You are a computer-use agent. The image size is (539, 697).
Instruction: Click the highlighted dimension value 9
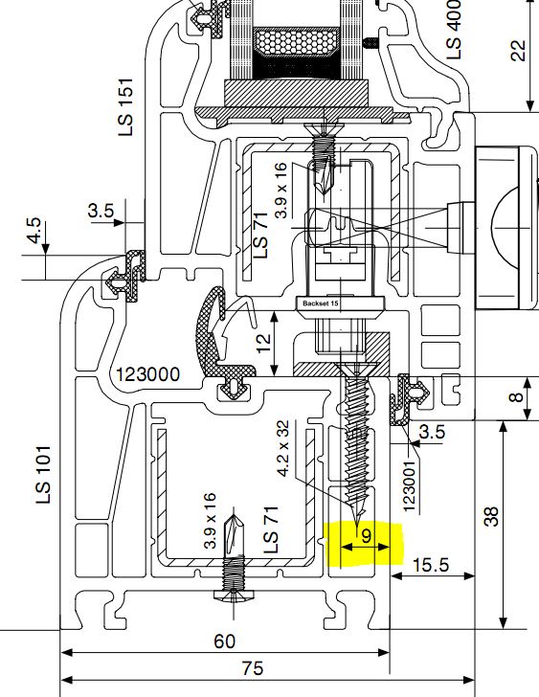(366, 536)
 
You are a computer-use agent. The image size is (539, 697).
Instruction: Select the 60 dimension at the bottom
(225, 641)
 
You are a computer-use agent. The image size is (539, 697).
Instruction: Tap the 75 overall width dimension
(253, 668)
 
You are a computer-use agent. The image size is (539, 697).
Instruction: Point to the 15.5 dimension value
(431, 565)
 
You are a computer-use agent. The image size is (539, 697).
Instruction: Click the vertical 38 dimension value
(491, 517)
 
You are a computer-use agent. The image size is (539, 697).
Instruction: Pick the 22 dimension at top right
(518, 51)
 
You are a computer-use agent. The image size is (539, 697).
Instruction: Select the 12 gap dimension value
(263, 343)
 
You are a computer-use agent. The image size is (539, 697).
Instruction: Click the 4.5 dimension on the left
(34, 230)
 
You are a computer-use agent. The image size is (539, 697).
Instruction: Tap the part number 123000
(148, 374)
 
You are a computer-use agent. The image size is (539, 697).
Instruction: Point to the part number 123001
(409, 485)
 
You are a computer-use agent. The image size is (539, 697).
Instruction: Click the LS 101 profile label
(43, 474)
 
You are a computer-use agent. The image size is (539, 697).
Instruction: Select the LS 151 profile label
(125, 106)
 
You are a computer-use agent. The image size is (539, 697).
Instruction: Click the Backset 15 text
(321, 304)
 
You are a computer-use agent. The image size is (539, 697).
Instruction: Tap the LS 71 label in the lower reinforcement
(271, 529)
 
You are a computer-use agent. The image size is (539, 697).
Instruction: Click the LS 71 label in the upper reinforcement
(260, 236)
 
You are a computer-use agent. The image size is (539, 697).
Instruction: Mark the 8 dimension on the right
(517, 395)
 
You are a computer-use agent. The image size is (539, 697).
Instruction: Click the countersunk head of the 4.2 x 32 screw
(356, 369)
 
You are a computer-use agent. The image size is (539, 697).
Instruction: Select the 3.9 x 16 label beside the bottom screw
(210, 520)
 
